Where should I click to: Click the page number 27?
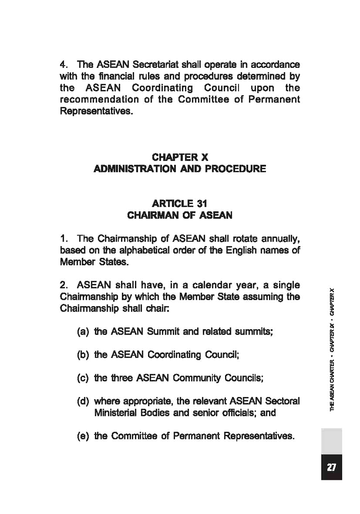(331, 467)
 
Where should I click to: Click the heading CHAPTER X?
(180, 157)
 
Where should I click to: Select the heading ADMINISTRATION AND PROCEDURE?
(180, 169)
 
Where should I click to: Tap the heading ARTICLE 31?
(180, 204)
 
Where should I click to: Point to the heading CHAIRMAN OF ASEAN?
(180, 215)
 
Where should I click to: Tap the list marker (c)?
(83, 378)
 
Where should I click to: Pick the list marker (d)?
(83, 401)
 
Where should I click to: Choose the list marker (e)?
(83, 436)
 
